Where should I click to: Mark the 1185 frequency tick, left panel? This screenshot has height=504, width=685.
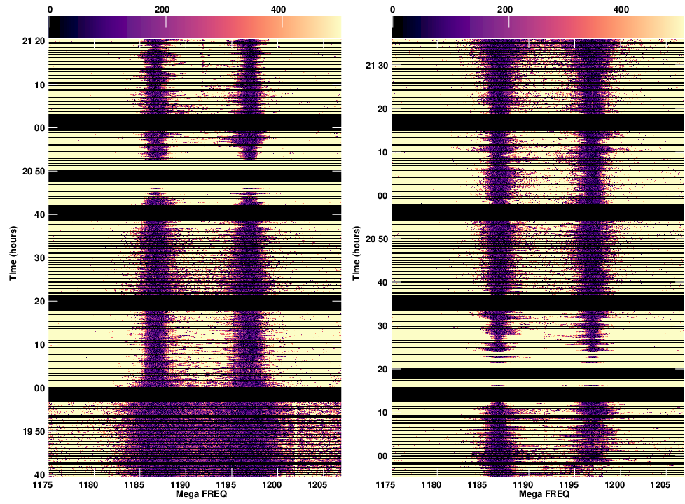[x=135, y=484]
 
